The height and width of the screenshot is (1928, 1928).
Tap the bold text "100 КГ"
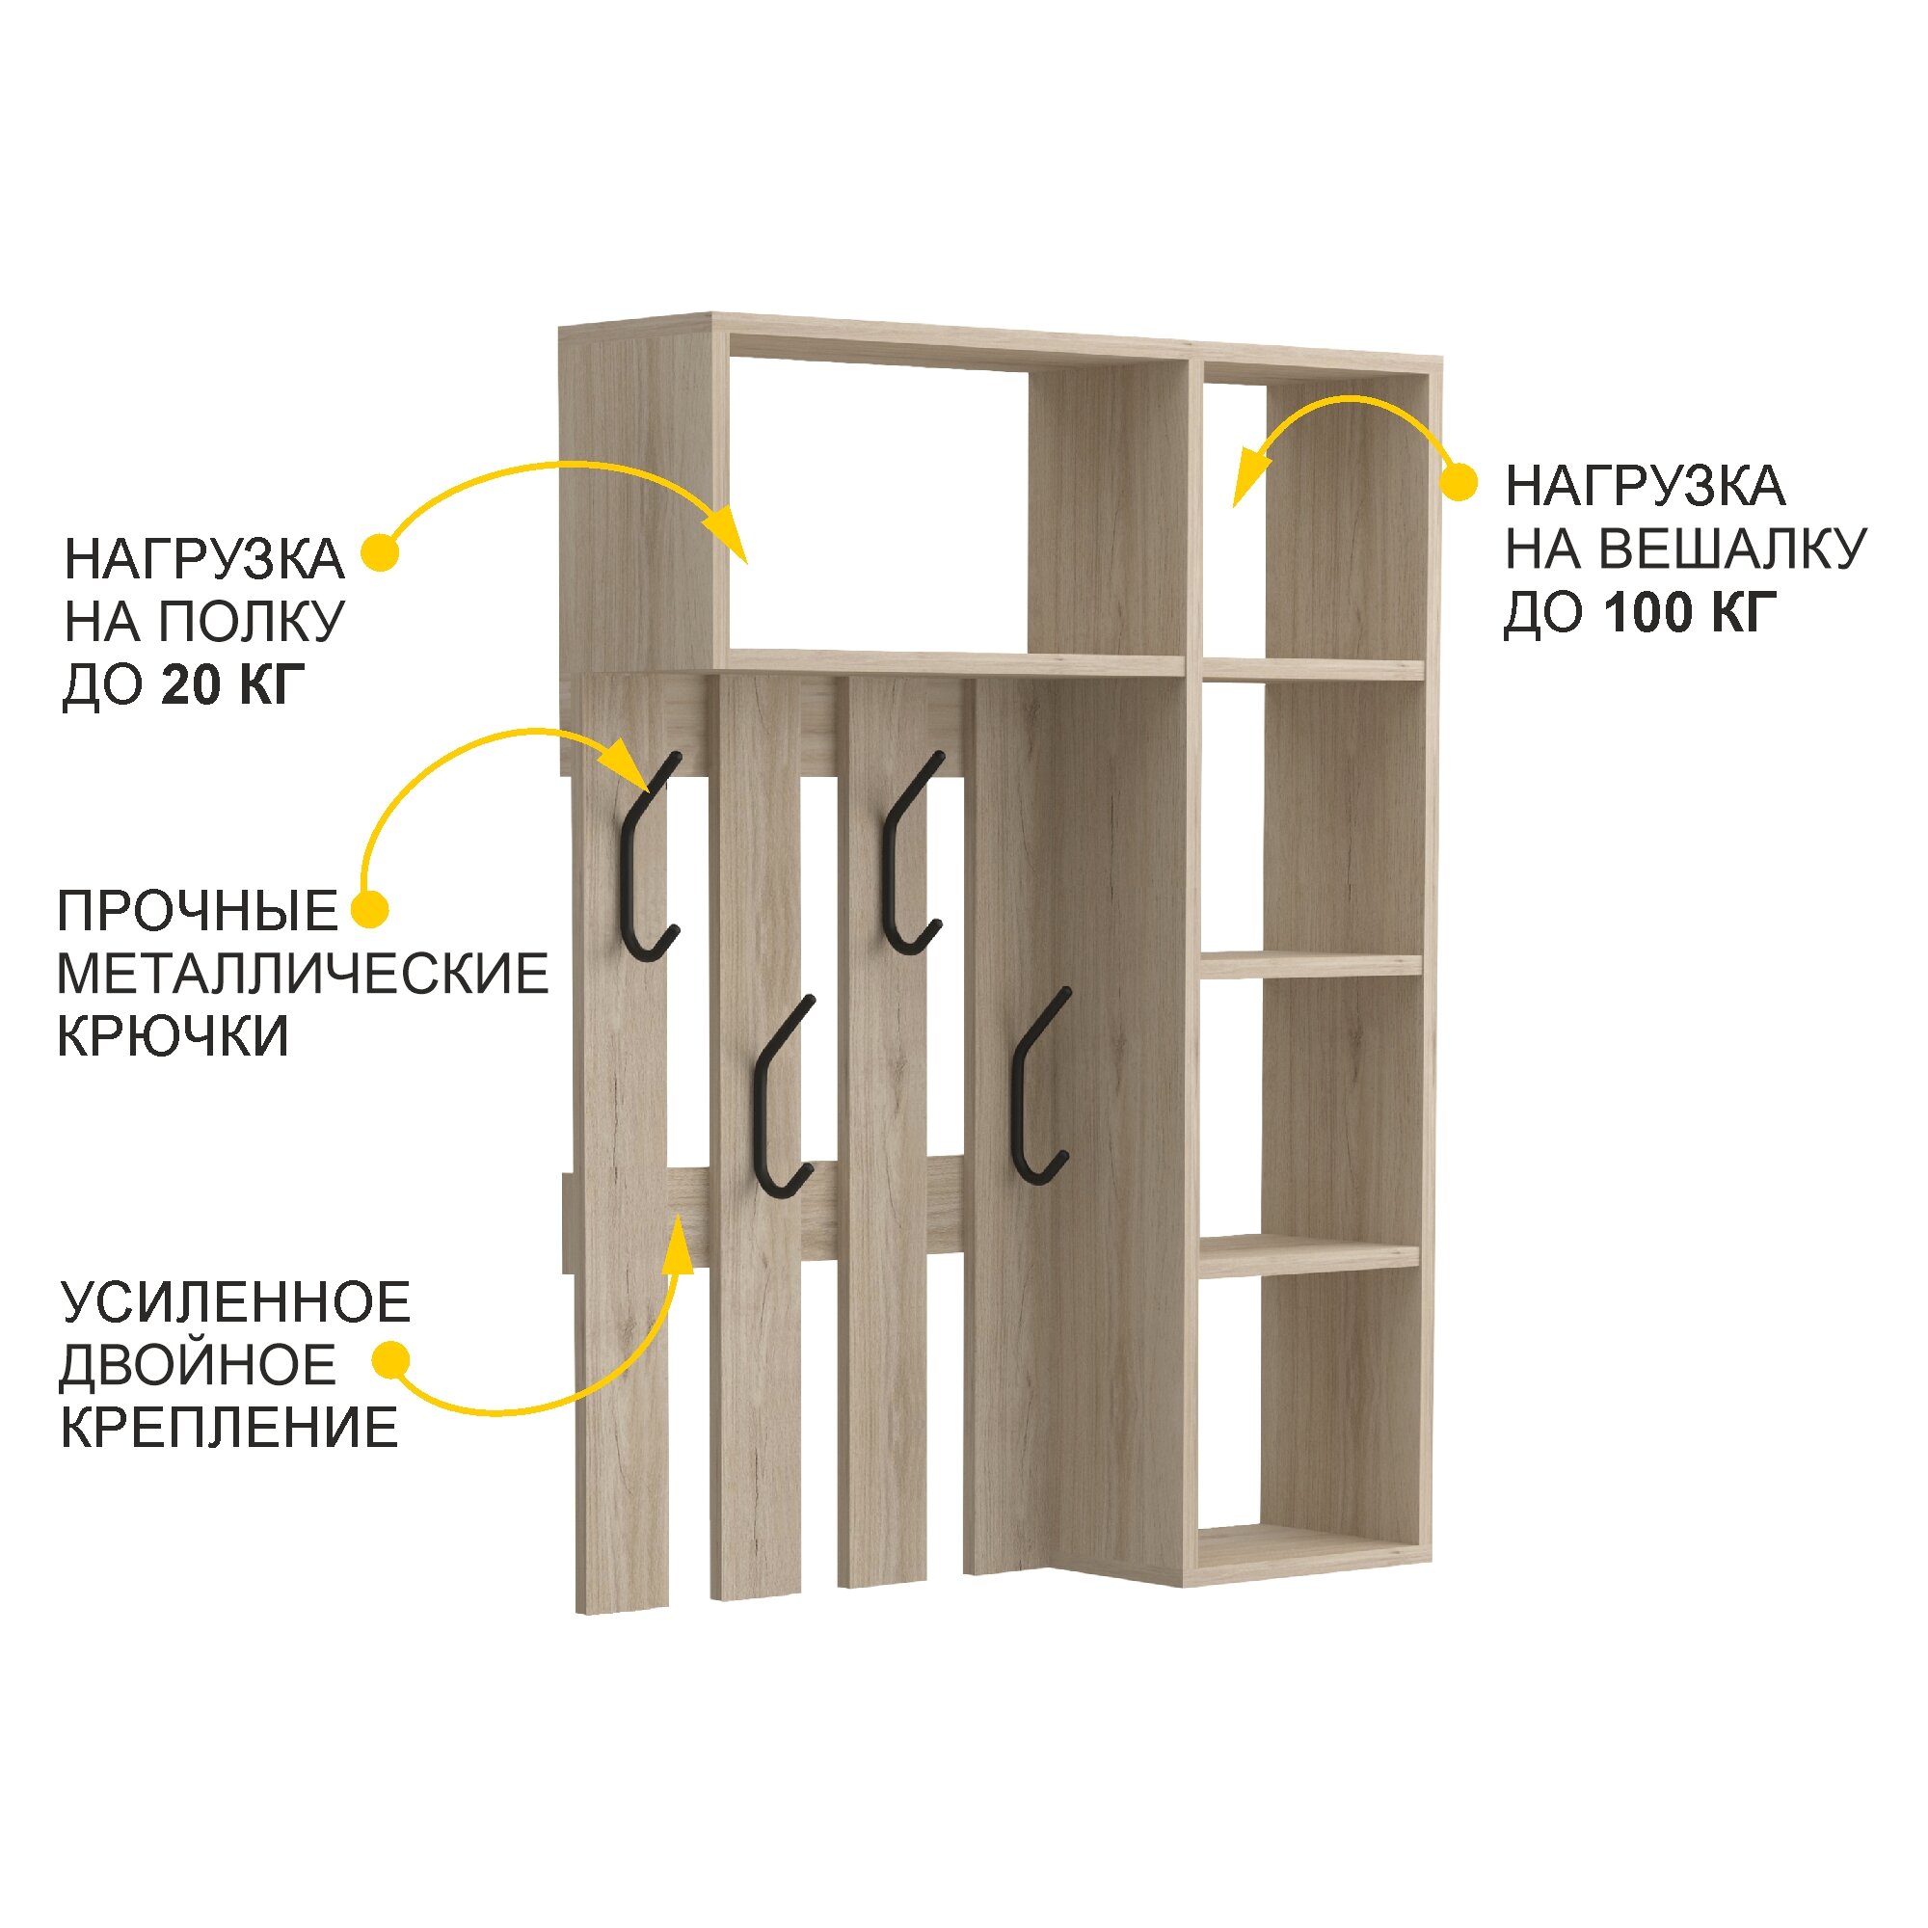point(1691,612)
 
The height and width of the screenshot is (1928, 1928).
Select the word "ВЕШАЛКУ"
point(1732,549)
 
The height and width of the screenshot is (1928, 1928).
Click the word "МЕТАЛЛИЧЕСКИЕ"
point(303,973)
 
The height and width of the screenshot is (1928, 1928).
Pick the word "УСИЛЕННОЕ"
point(235,1302)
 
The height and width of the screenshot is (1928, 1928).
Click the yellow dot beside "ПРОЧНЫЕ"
point(370,909)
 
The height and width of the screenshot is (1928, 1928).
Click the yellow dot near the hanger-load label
point(1459,483)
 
